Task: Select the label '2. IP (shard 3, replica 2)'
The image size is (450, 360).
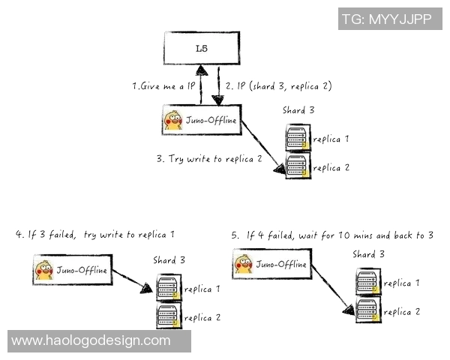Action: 274,87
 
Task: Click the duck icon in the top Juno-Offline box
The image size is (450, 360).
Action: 174,120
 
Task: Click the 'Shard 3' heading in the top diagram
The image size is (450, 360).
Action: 298,110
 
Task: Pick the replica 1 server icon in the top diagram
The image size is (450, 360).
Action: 297,139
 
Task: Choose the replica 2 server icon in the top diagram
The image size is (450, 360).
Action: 297,167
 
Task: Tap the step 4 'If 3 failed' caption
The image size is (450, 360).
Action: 94,235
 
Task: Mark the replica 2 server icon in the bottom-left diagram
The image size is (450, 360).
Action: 168,316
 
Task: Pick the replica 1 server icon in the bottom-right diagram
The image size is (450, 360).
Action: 367,283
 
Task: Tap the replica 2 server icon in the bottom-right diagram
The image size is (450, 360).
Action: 367,310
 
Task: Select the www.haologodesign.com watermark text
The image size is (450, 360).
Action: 91,340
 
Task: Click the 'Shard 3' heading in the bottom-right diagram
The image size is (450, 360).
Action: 369,254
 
